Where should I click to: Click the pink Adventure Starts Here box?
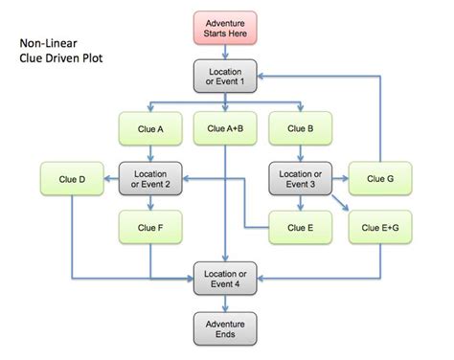[x=226, y=26]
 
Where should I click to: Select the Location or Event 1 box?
[x=226, y=77]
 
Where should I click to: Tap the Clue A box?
[x=148, y=127]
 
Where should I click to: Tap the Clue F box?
[x=148, y=228]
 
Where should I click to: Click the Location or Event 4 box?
[x=226, y=279]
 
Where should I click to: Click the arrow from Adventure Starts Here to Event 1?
[x=226, y=52]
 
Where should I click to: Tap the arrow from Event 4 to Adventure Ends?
[x=226, y=304]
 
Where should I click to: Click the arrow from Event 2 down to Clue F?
[x=148, y=203]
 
